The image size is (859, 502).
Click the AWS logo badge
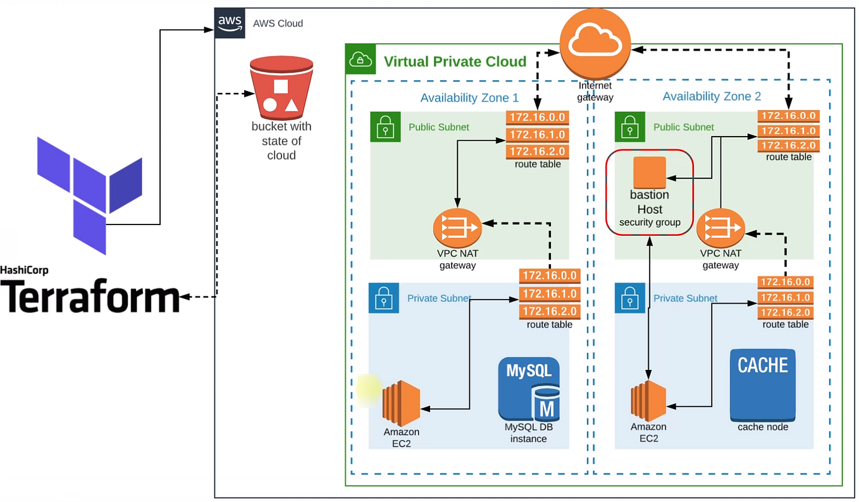(x=230, y=23)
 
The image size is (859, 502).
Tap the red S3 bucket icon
(x=281, y=88)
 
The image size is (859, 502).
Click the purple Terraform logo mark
(x=90, y=195)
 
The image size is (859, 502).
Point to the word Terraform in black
(x=90, y=296)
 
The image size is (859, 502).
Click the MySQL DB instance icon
(x=529, y=389)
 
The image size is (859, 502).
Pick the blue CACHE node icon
(x=763, y=385)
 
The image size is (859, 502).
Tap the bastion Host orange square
(x=650, y=173)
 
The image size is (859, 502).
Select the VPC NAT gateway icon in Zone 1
(x=457, y=228)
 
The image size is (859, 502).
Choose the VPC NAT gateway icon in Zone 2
(x=720, y=228)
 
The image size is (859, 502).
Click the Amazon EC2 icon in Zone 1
(x=401, y=403)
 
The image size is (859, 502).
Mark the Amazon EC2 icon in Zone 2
(x=648, y=401)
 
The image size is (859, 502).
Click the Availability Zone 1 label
(x=469, y=98)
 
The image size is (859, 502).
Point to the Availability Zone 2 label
(x=712, y=96)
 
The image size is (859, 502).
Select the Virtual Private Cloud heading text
(x=455, y=61)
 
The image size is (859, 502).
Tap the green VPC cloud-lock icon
(x=361, y=59)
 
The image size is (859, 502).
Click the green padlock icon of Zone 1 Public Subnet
(x=385, y=127)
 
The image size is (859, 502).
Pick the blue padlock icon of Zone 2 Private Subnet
(x=629, y=298)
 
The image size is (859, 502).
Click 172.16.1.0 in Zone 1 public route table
(x=537, y=135)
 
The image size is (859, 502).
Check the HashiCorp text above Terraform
(x=24, y=270)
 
